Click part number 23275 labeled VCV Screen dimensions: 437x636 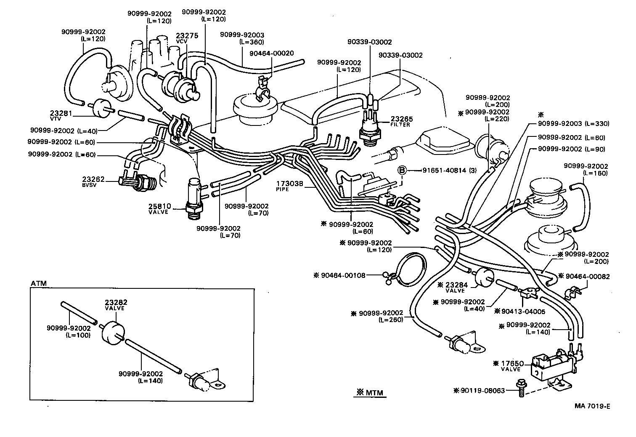point(187,36)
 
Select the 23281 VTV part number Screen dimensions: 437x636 point(61,113)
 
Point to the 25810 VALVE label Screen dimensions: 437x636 point(159,206)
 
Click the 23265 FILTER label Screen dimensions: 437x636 point(401,119)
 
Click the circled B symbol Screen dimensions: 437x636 point(403,171)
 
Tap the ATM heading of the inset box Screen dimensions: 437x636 point(39,283)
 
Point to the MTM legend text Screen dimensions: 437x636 point(370,393)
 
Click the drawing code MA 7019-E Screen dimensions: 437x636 point(592,406)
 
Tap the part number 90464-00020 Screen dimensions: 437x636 point(271,53)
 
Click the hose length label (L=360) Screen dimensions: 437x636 point(252,42)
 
